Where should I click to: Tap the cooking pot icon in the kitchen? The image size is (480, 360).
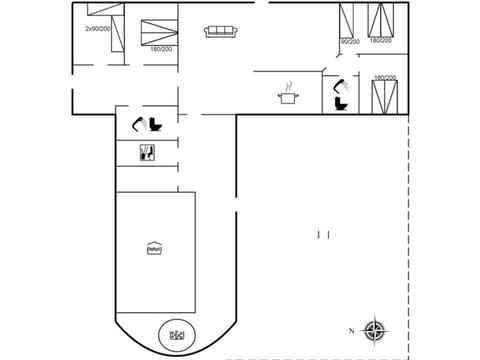click(x=289, y=97)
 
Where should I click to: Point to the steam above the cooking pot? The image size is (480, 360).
click(x=289, y=84)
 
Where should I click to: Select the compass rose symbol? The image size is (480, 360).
click(x=373, y=330)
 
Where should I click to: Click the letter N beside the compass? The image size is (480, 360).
click(x=351, y=330)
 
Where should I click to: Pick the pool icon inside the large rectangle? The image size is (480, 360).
click(x=154, y=248)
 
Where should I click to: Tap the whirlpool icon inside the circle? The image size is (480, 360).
click(x=177, y=334)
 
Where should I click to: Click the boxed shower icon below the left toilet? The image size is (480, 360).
click(x=147, y=153)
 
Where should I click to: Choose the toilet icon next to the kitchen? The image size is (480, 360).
click(x=340, y=103)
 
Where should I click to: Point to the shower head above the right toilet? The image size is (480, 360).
click(x=339, y=84)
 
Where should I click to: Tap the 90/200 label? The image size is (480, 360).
click(x=349, y=42)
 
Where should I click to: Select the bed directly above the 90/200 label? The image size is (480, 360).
click(x=349, y=20)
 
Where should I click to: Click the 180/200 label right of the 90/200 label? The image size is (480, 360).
click(x=380, y=41)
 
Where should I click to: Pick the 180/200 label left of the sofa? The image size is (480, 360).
click(x=159, y=48)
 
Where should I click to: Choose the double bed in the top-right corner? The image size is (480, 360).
click(x=380, y=20)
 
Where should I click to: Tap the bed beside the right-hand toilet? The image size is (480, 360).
click(x=383, y=97)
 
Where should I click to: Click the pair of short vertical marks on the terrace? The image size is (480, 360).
click(x=323, y=234)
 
